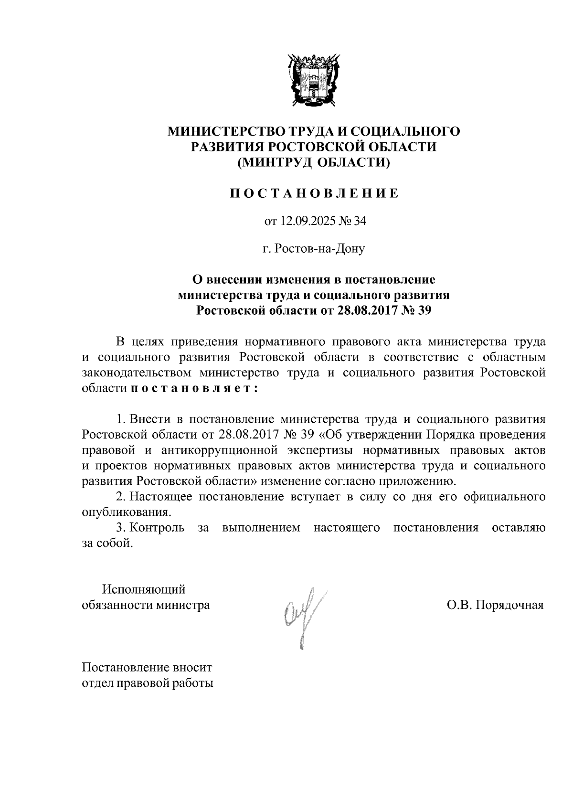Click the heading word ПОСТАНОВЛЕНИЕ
314,193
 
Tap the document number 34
359,221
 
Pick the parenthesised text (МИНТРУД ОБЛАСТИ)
314,162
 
